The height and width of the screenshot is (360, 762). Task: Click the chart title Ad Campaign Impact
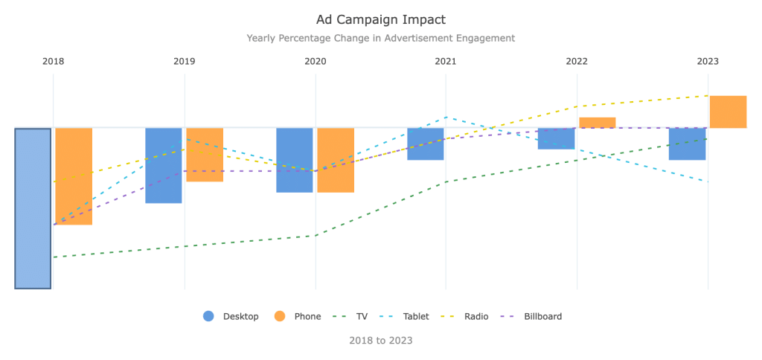click(x=380, y=19)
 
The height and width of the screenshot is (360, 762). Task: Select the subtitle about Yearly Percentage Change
click(x=380, y=38)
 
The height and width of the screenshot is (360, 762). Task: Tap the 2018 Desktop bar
click(x=33, y=208)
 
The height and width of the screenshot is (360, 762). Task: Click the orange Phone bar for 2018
click(x=74, y=176)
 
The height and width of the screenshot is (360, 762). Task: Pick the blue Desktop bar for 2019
click(x=164, y=165)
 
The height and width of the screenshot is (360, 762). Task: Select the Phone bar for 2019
click(x=205, y=155)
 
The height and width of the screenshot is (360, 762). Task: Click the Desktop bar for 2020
click(x=295, y=160)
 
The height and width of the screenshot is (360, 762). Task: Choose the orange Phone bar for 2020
click(x=336, y=160)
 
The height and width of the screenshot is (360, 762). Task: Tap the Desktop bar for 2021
click(x=426, y=144)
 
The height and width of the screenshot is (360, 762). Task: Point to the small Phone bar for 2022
click(x=598, y=123)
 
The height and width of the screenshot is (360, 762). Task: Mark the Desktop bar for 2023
click(x=687, y=144)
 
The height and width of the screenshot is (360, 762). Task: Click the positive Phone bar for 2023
click(x=728, y=112)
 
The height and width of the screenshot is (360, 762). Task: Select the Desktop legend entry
click(x=231, y=316)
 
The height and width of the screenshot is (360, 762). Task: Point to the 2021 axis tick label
click(x=446, y=61)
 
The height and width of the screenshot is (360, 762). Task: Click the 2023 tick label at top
click(x=708, y=61)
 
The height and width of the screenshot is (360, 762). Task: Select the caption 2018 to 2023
click(x=380, y=341)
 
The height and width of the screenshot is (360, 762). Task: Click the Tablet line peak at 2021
click(x=446, y=117)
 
